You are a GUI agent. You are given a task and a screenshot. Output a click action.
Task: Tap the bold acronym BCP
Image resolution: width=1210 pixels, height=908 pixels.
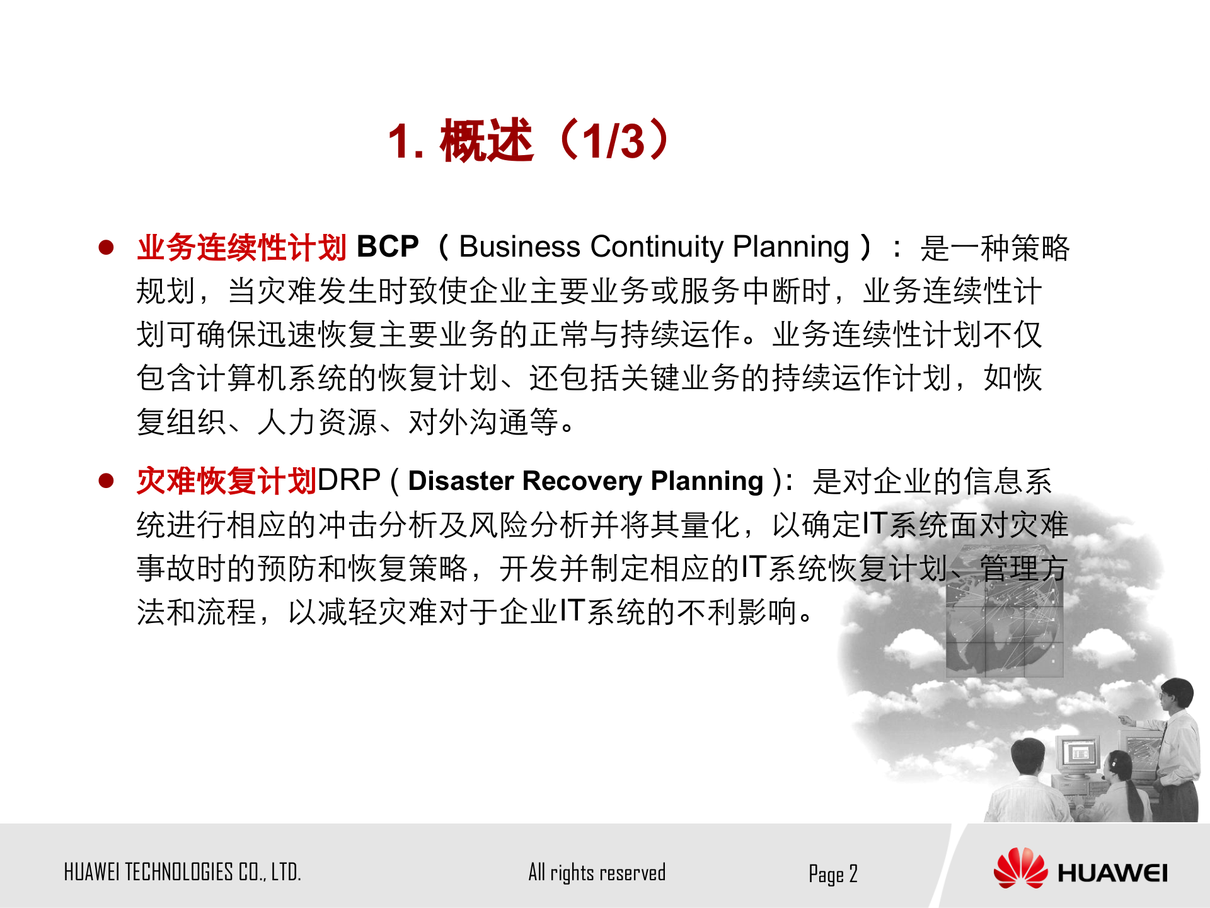pyautogui.click(x=388, y=247)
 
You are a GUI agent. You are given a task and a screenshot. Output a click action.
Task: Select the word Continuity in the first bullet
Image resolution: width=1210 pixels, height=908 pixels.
pyautogui.click(x=657, y=247)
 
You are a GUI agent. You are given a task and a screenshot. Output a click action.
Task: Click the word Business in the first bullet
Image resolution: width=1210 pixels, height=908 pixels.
pyautogui.click(x=519, y=247)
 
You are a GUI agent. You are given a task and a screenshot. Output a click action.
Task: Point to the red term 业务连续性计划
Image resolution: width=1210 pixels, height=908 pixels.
pyautogui.click(x=241, y=247)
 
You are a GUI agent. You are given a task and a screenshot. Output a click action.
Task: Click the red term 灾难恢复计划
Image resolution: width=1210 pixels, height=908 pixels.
pyautogui.click(x=226, y=481)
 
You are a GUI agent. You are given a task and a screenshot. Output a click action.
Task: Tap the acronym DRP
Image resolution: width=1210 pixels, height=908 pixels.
pyautogui.click(x=349, y=480)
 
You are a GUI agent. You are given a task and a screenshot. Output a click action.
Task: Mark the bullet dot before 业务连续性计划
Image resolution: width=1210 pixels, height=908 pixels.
pyautogui.click(x=106, y=247)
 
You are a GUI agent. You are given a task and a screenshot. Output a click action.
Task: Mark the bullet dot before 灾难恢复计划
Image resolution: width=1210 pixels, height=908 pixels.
pyautogui.click(x=106, y=481)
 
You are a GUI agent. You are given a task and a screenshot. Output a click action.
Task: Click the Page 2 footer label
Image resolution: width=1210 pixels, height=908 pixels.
pyautogui.click(x=833, y=874)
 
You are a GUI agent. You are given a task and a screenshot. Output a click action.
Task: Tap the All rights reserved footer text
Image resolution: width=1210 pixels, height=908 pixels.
pyautogui.click(x=597, y=873)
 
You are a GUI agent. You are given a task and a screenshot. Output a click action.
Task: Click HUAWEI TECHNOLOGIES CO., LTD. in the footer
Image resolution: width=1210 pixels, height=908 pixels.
pyautogui.click(x=182, y=872)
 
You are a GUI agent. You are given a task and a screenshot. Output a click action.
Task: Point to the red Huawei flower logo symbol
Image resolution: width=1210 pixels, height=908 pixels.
pyautogui.click(x=1020, y=868)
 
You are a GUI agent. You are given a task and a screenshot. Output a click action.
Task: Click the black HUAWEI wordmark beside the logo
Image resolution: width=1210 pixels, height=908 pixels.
pyautogui.click(x=1112, y=873)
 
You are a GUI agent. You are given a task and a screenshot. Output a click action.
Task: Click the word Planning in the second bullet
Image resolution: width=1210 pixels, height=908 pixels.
pyautogui.click(x=707, y=481)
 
